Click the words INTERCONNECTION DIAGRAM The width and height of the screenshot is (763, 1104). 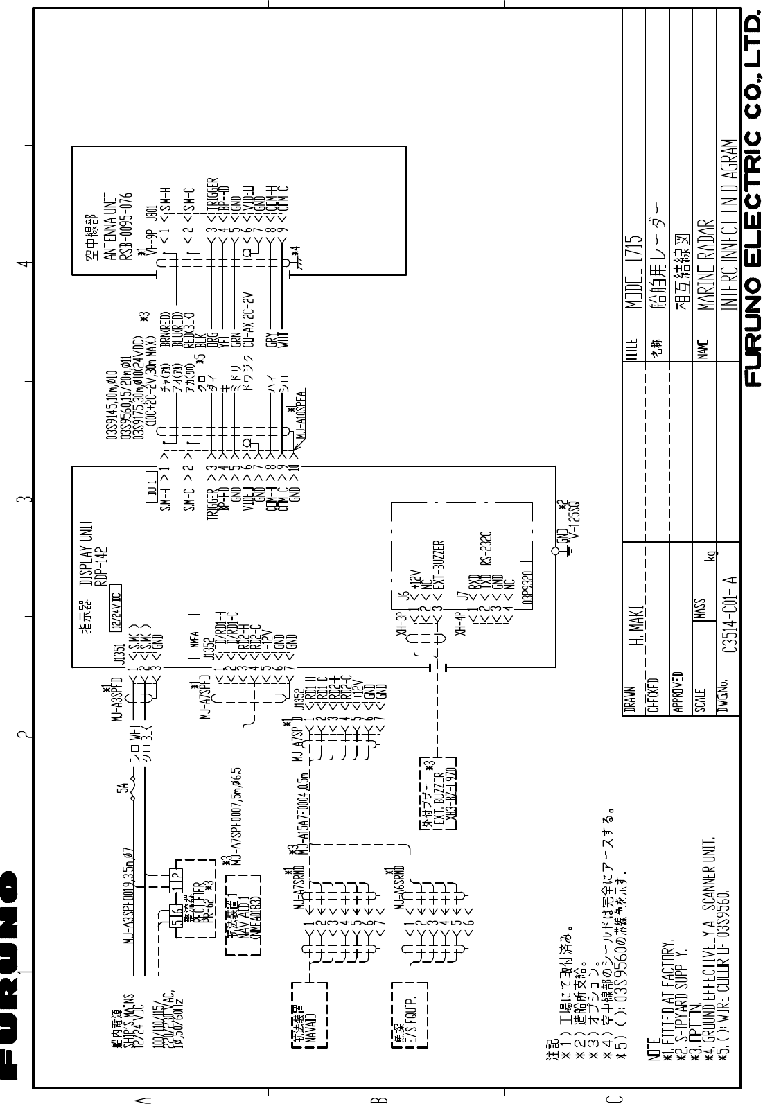pos(726,229)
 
